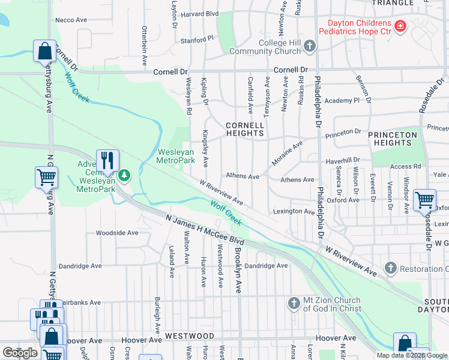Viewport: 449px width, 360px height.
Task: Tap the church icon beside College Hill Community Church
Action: (310, 46)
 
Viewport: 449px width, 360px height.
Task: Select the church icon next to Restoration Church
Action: (391, 268)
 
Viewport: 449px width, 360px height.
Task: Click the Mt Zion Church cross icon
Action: (294, 303)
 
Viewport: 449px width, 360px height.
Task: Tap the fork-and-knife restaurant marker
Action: (107, 160)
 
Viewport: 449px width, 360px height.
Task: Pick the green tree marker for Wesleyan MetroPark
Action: (124, 176)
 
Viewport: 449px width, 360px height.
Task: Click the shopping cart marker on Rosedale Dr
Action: (425, 200)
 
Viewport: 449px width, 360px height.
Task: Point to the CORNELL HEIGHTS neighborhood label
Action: (245, 130)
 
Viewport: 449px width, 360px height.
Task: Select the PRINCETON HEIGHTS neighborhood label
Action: (393, 139)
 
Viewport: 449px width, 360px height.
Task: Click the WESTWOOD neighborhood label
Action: (190, 335)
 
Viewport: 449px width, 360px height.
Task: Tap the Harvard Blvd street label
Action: (200, 13)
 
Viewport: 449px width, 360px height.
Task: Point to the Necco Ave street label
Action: (71, 20)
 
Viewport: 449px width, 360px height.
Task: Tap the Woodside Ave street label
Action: (117, 233)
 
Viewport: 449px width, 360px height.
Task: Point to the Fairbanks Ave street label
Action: (79, 302)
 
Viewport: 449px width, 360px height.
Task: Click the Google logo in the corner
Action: (20, 352)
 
